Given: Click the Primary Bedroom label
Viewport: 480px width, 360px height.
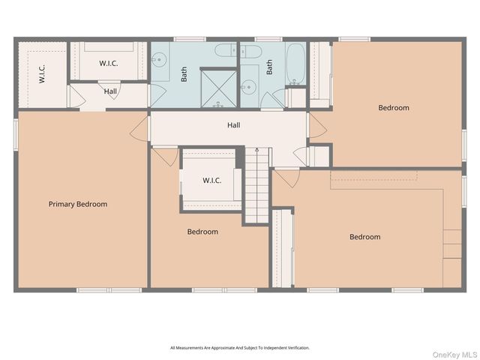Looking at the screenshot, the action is [x=78, y=204].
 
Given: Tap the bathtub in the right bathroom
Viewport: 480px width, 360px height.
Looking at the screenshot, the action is [x=295, y=64].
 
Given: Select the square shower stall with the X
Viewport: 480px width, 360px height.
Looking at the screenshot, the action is [x=218, y=88].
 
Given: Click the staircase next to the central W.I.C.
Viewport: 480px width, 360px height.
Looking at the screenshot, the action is [x=257, y=185].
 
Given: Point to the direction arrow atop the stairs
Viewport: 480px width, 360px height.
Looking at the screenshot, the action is [x=257, y=150].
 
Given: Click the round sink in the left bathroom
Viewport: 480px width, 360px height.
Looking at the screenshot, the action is [x=159, y=58].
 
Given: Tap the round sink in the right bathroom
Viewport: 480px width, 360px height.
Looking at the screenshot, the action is [x=248, y=87].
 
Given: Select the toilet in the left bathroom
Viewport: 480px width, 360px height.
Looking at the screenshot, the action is [x=226, y=50].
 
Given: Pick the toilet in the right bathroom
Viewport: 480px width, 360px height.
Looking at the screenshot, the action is [x=250, y=52].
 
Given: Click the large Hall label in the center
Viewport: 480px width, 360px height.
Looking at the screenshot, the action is [x=234, y=125].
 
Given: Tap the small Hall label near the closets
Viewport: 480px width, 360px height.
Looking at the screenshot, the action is [x=110, y=91].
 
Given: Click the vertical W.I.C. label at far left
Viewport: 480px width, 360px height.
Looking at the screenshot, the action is [x=42, y=73].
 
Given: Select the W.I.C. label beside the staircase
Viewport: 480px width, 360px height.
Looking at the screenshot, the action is [x=211, y=180].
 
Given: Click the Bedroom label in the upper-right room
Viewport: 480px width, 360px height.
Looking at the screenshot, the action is [x=394, y=108].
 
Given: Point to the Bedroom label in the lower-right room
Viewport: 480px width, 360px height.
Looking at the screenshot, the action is [x=365, y=237].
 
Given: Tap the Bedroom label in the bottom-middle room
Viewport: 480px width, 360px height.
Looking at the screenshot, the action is [x=202, y=232].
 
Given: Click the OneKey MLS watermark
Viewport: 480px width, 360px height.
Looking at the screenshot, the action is [x=454, y=355].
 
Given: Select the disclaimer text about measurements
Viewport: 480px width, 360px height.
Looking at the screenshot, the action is [x=240, y=348].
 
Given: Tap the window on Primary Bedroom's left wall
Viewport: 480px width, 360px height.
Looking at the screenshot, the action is [x=16, y=134].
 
